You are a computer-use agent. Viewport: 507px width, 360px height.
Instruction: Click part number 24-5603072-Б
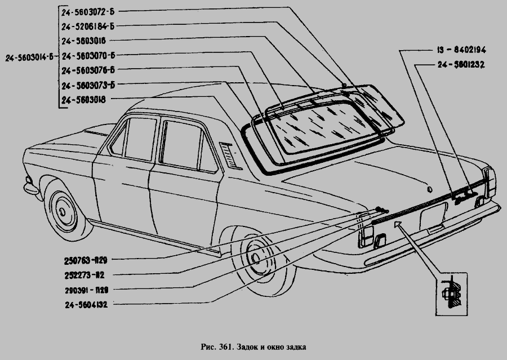88,12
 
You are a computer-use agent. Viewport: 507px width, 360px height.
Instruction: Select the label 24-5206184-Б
88,26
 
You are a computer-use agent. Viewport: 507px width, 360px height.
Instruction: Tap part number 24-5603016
84,41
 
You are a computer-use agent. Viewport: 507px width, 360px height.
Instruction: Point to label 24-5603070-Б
88,56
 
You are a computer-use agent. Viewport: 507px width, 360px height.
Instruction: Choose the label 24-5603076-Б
88,70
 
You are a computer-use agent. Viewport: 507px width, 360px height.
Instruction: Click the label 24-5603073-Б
88,86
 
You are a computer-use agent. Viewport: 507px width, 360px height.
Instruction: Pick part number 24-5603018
84,100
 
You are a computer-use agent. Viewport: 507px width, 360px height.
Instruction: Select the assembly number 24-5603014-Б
29,58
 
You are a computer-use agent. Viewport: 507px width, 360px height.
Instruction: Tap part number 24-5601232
461,65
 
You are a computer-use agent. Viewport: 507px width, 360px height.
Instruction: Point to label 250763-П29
86,260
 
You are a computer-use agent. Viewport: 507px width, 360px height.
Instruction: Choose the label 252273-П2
84,275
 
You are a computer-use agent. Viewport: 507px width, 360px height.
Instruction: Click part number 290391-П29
86,290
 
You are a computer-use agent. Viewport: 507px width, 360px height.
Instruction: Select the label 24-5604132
86,305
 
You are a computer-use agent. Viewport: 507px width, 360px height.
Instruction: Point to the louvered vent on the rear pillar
230,155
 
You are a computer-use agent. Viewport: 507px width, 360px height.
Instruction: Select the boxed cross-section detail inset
451,294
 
